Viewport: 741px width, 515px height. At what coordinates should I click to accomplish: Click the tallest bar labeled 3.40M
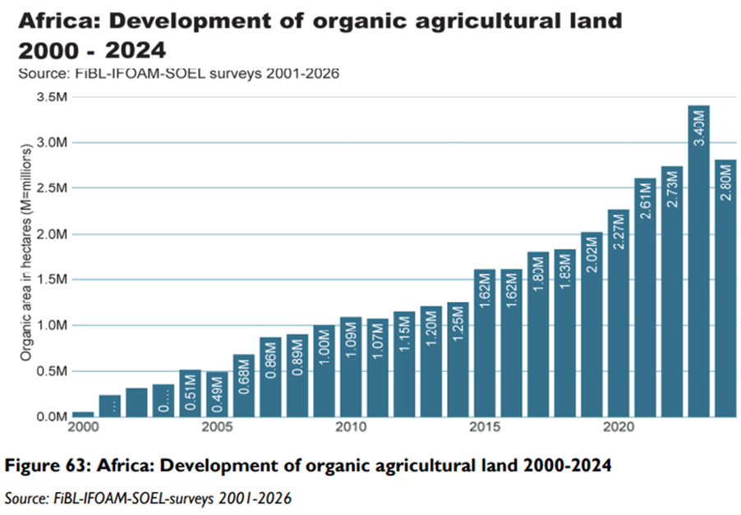698,263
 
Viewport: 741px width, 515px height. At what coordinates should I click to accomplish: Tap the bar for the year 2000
83,414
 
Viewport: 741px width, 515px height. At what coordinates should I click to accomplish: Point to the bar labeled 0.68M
244,386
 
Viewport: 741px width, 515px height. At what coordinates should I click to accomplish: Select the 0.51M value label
191,394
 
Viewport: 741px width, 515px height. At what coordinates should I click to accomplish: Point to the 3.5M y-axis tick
51,98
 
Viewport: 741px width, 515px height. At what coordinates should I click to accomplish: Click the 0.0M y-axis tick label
51,417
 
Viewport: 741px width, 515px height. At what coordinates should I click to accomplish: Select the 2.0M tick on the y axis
51,235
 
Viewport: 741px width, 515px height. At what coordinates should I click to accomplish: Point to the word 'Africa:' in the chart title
57,21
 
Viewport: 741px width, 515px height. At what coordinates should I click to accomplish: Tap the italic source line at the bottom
148,498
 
